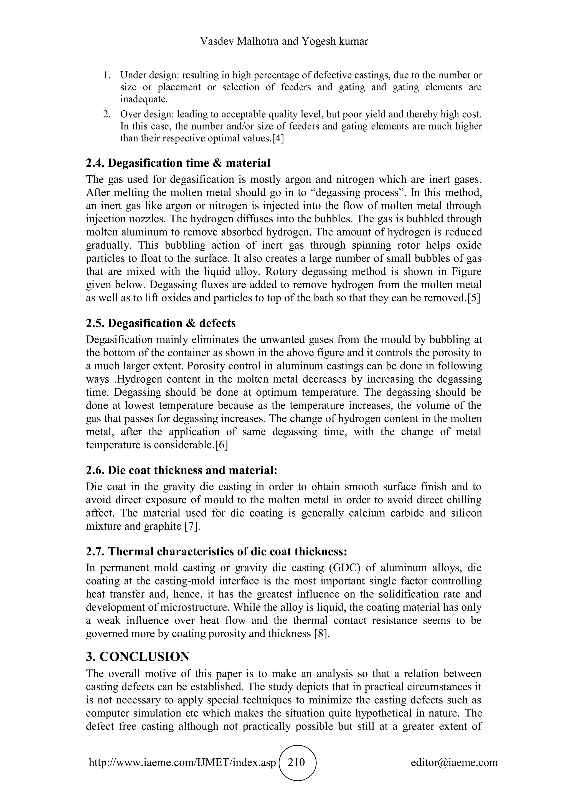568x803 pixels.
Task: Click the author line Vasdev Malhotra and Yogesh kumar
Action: (284, 42)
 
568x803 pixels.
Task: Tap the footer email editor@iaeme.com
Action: (454, 762)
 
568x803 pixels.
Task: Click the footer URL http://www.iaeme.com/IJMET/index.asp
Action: (182, 762)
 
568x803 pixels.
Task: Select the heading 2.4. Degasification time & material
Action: (178, 163)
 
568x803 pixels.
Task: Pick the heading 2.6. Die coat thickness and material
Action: (182, 470)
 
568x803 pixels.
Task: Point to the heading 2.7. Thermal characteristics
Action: (217, 551)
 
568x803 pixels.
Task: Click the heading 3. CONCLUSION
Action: (138, 657)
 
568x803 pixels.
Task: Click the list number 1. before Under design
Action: (107, 75)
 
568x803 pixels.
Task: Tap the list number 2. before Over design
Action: (107, 114)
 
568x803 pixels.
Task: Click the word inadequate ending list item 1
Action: (144, 99)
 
